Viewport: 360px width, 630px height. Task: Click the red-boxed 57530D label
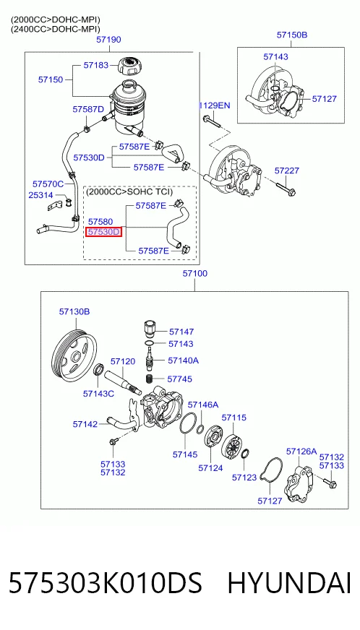click(104, 232)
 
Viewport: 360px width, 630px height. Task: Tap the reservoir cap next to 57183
click(129, 66)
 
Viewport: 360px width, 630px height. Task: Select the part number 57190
click(108, 40)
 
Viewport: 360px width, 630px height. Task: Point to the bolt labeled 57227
click(286, 189)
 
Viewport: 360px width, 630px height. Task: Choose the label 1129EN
click(215, 105)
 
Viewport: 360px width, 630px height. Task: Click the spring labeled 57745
click(150, 379)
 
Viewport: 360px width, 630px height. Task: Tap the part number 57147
click(181, 332)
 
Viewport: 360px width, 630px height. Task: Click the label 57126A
click(301, 452)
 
